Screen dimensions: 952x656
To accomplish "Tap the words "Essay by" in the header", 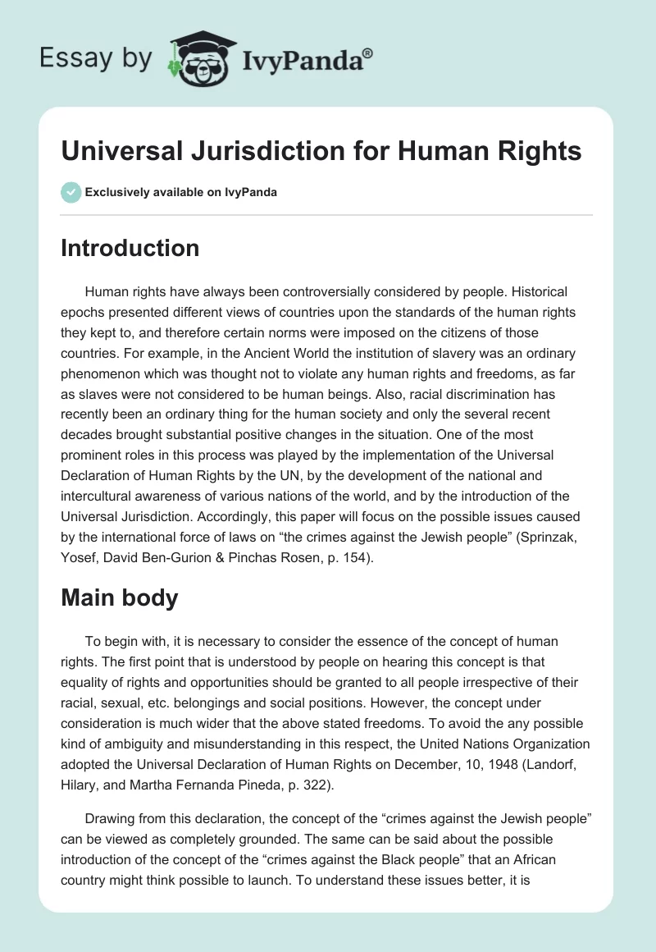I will point(96,59).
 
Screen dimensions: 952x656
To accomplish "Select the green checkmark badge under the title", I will point(70,192).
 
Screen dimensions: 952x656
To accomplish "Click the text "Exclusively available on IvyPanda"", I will point(180,192).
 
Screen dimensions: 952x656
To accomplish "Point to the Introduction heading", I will point(130,248).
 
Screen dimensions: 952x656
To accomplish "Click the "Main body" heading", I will point(119,598).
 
